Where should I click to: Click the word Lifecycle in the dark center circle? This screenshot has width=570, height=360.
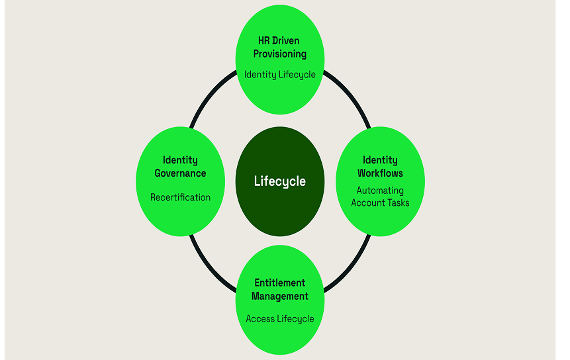(x=280, y=181)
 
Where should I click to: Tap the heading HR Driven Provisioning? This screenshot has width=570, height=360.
(x=280, y=47)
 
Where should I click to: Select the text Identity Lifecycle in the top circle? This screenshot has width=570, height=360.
(x=280, y=74)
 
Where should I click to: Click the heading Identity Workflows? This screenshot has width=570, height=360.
(x=380, y=167)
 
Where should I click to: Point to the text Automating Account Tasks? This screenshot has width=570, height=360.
(x=380, y=197)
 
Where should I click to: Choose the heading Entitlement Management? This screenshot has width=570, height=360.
(x=280, y=290)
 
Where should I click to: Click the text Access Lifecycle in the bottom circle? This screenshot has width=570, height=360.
(x=280, y=319)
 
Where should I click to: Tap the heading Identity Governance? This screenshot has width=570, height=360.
(x=180, y=167)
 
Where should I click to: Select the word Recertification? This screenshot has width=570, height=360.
(x=180, y=197)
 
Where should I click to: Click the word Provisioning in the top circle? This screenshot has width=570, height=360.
(x=280, y=54)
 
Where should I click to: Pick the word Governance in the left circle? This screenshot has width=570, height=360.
(x=180, y=173)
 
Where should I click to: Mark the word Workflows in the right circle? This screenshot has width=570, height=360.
(x=380, y=173)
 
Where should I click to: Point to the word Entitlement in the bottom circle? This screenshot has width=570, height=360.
(x=280, y=283)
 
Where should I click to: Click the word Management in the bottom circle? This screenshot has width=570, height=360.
(x=280, y=296)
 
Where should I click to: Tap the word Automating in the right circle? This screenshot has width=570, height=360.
(x=380, y=191)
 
